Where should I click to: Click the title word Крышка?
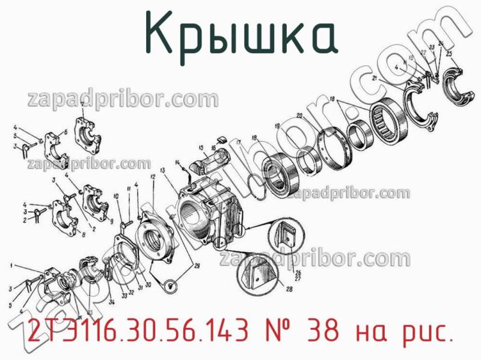[x=240, y=35]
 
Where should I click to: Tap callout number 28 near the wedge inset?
[x=289, y=289]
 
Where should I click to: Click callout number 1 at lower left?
[x=12, y=265]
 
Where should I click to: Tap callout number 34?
[x=112, y=301]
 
